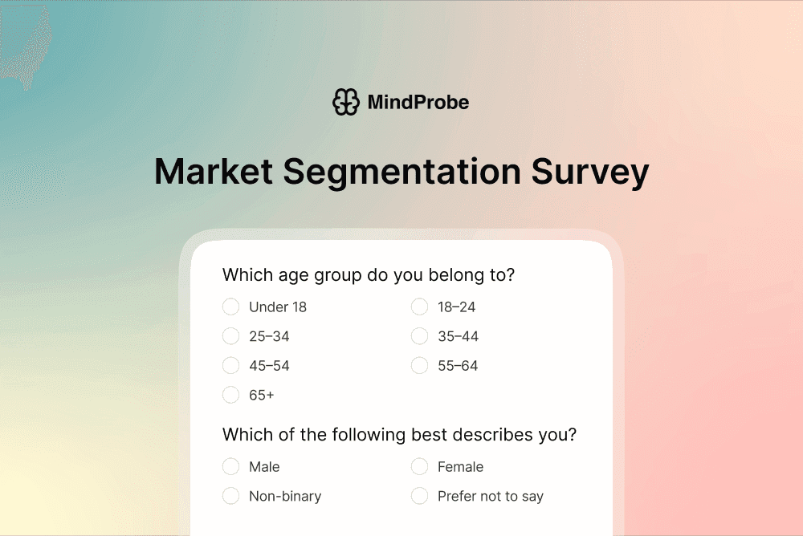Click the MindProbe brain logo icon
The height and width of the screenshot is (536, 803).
pos(346,102)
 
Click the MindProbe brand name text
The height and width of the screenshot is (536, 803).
pos(418,102)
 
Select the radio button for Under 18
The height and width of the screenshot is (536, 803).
pos(231,307)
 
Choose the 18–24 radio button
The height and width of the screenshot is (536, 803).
pos(420,307)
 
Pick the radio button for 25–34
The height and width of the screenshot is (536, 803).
pos(231,336)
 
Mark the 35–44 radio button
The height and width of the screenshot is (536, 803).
pos(420,336)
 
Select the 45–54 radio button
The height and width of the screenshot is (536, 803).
pos(231,366)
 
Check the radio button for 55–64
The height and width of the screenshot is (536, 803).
pos(420,366)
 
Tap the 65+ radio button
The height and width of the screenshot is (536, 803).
pos(231,395)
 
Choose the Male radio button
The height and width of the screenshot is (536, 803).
pos(231,466)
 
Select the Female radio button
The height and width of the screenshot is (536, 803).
pos(420,466)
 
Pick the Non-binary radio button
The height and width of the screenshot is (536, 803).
pos(231,496)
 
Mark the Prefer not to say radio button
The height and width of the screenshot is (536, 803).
pos(420,496)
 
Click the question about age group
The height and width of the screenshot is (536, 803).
pos(368,275)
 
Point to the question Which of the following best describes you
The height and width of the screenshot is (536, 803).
pos(399,435)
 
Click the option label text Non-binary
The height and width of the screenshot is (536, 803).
pos(285,497)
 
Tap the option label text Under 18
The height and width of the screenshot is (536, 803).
pos(278,307)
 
